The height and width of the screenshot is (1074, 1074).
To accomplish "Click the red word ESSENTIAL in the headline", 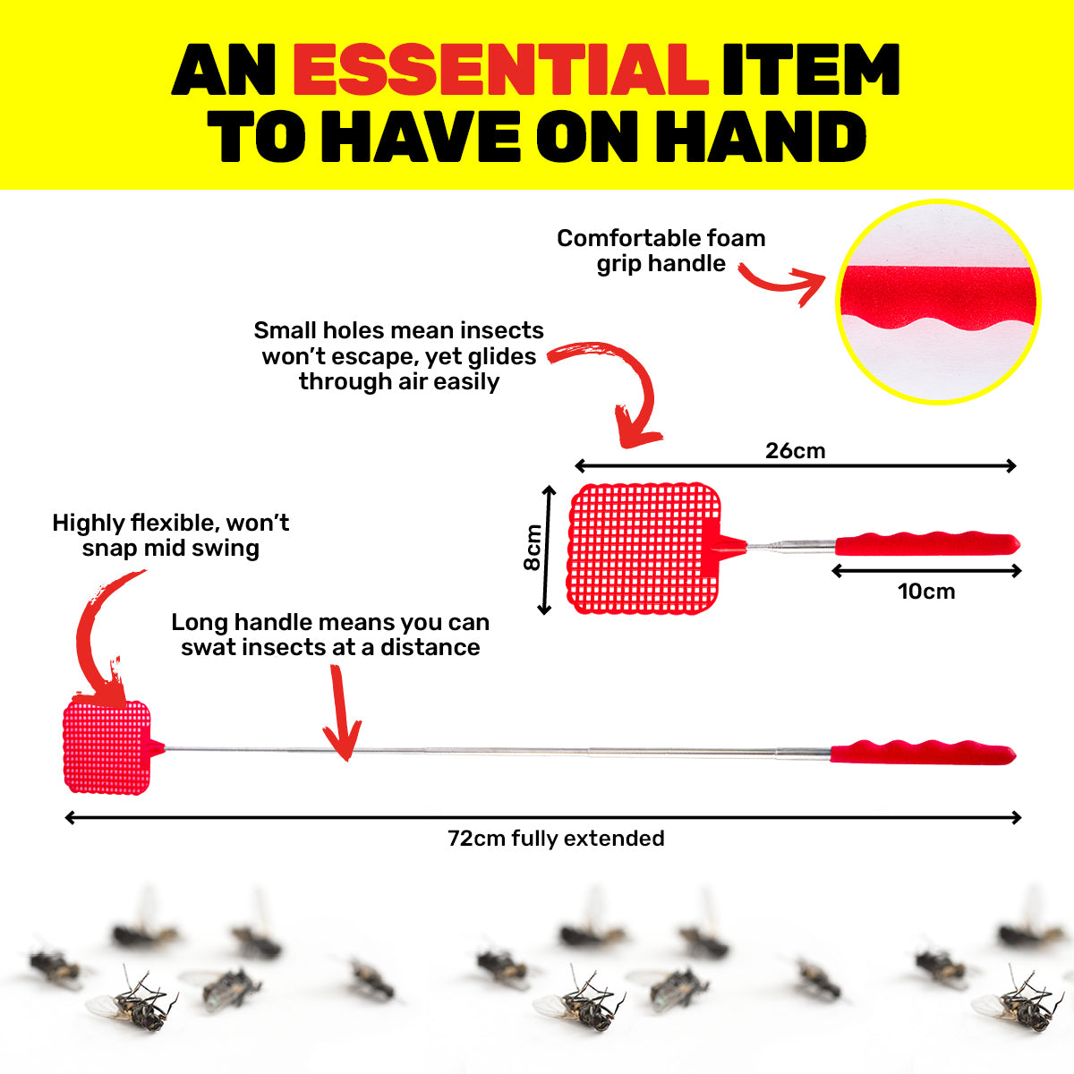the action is coord(500,70).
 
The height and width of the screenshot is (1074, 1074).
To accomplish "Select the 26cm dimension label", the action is coord(796,451).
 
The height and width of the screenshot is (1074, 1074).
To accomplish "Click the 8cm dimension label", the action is coord(533,548).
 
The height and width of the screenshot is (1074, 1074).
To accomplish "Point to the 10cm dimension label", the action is coord(926,592).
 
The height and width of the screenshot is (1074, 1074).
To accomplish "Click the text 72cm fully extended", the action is coord(556,839).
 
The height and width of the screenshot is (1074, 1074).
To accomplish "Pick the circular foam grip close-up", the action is coord(938,302).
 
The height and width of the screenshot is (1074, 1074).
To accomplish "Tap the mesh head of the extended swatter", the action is coord(107,747).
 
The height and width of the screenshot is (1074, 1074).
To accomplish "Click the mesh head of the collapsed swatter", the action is coord(644,549).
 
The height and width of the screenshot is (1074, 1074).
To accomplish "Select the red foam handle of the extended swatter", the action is coord(923,753).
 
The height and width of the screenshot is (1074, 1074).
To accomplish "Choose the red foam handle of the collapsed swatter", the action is coord(927,543).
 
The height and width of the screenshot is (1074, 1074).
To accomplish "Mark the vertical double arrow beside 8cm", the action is coord(547,550).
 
